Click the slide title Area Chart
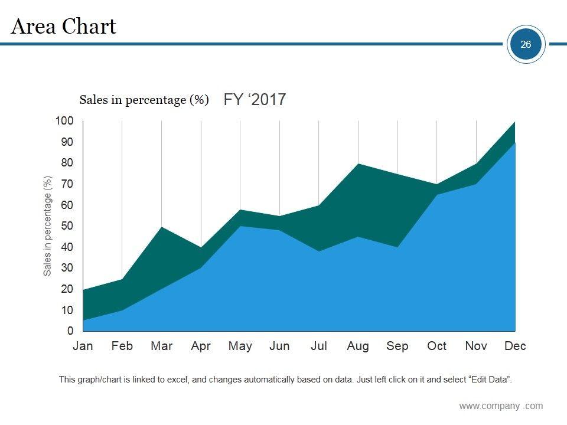tap(64, 27)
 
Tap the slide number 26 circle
tap(526, 44)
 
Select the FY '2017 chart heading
tap(255, 99)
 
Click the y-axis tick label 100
tap(64, 121)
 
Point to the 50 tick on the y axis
tap(67, 226)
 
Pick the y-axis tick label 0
tap(70, 331)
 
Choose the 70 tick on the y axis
tap(67, 184)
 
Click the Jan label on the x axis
tap(83, 346)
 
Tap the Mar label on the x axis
tap(161, 346)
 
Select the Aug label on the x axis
tap(358, 346)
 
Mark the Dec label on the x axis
tap(515, 346)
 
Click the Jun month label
tap(279, 346)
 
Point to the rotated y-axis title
tap(48, 226)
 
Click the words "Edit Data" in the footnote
tap(489, 380)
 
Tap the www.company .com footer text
tap(501, 406)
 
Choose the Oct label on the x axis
tap(436, 346)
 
